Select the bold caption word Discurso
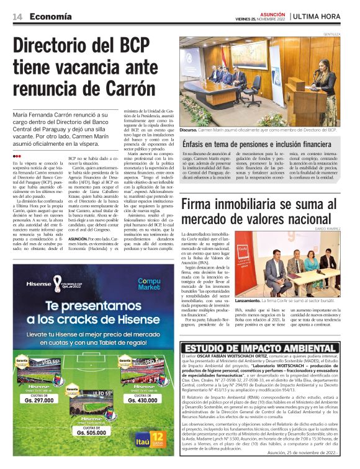(189, 130)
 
